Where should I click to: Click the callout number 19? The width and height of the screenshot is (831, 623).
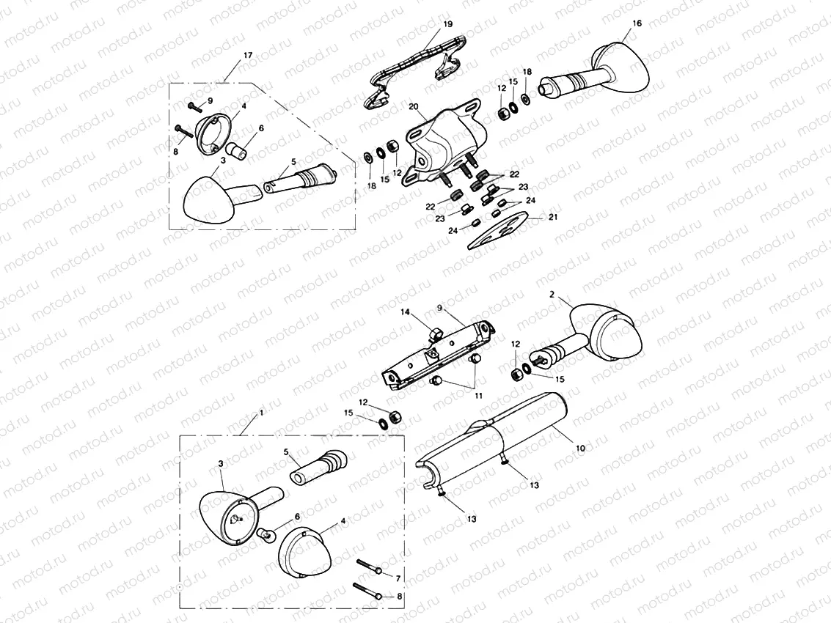[x=448, y=24]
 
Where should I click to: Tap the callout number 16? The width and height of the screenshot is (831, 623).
[x=637, y=23]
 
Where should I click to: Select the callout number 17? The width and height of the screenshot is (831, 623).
[x=247, y=55]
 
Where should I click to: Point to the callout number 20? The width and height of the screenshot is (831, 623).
[x=414, y=107]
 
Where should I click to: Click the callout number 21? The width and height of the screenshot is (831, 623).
[x=553, y=217]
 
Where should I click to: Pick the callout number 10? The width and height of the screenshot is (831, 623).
[x=580, y=448]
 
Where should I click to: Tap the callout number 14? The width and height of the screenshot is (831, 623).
[x=405, y=312]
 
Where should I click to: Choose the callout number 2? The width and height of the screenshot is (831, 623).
[x=552, y=295]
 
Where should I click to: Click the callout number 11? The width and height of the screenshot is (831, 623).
[x=478, y=396]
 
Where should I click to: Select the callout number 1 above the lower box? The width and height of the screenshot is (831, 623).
[x=261, y=412]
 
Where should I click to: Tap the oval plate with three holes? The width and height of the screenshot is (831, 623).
[x=498, y=229]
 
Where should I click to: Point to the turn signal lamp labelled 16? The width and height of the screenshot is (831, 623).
[x=594, y=73]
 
